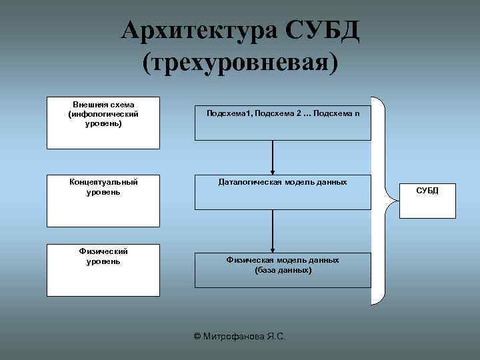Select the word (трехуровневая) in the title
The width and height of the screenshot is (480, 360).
coord(240,62)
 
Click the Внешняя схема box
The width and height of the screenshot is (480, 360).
coord(103,124)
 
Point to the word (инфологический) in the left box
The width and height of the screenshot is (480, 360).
coord(103,115)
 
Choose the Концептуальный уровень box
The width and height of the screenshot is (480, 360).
coord(103,200)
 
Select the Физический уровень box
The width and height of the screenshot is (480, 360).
coord(103,270)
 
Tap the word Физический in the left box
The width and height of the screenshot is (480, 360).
coord(103,251)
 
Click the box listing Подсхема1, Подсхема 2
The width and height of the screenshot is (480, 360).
coord(283,123)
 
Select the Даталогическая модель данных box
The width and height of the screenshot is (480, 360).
coord(283,193)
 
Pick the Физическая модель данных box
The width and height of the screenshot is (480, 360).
coord(283,269)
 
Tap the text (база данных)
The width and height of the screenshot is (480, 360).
coord(283,271)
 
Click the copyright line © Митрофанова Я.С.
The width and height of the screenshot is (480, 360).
coord(239,337)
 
